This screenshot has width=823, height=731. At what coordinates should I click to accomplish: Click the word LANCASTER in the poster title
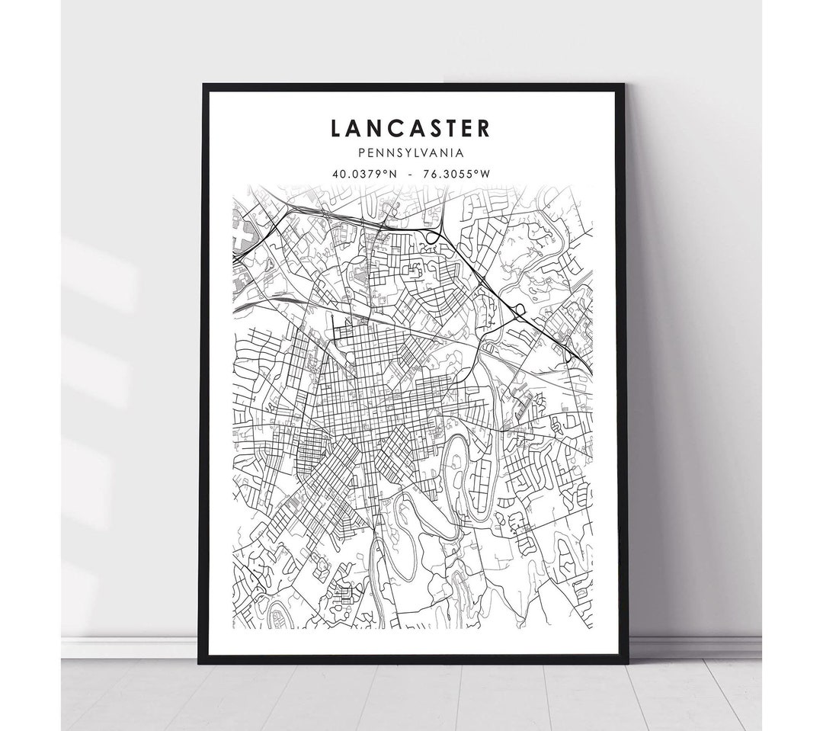coord(411,128)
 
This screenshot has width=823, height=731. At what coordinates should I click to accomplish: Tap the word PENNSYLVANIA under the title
coord(411,152)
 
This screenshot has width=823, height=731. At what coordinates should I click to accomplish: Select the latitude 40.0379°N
coord(363,173)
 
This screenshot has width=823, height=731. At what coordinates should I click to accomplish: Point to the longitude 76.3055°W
coord(458,173)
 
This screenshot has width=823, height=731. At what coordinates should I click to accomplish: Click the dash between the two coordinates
coord(411,174)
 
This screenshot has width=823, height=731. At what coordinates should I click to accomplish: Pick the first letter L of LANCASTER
coord(337,128)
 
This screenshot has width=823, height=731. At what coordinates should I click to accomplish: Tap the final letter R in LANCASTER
coord(485,128)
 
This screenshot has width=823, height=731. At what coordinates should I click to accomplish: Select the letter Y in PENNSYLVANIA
coord(421,152)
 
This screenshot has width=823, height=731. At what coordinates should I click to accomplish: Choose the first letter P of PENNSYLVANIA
coord(369,152)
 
